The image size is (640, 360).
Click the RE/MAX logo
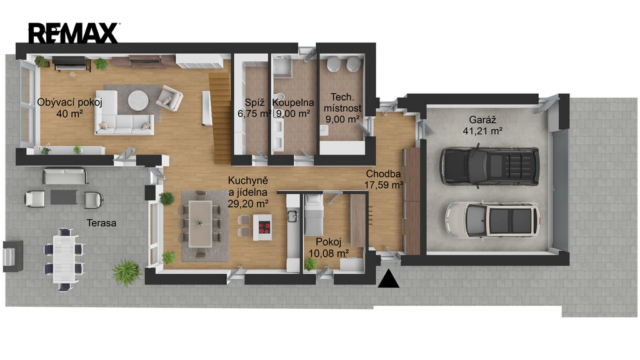74,33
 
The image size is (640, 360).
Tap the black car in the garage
490,166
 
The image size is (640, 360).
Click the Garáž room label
482,120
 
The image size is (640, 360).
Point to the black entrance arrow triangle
389,279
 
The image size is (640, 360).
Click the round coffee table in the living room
139,100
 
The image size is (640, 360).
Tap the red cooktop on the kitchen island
264,227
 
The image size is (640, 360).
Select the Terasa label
101,223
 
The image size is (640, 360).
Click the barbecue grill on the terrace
12,256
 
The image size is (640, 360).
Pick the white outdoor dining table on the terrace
64,258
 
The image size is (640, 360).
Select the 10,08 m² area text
329,254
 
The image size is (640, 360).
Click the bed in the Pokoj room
314,214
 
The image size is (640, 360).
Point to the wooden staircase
221,118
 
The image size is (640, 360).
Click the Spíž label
255,102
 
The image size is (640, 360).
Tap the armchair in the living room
169,98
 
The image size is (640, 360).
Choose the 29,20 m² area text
247,203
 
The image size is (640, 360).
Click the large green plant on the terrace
126,272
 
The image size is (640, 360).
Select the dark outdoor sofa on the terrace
65,176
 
